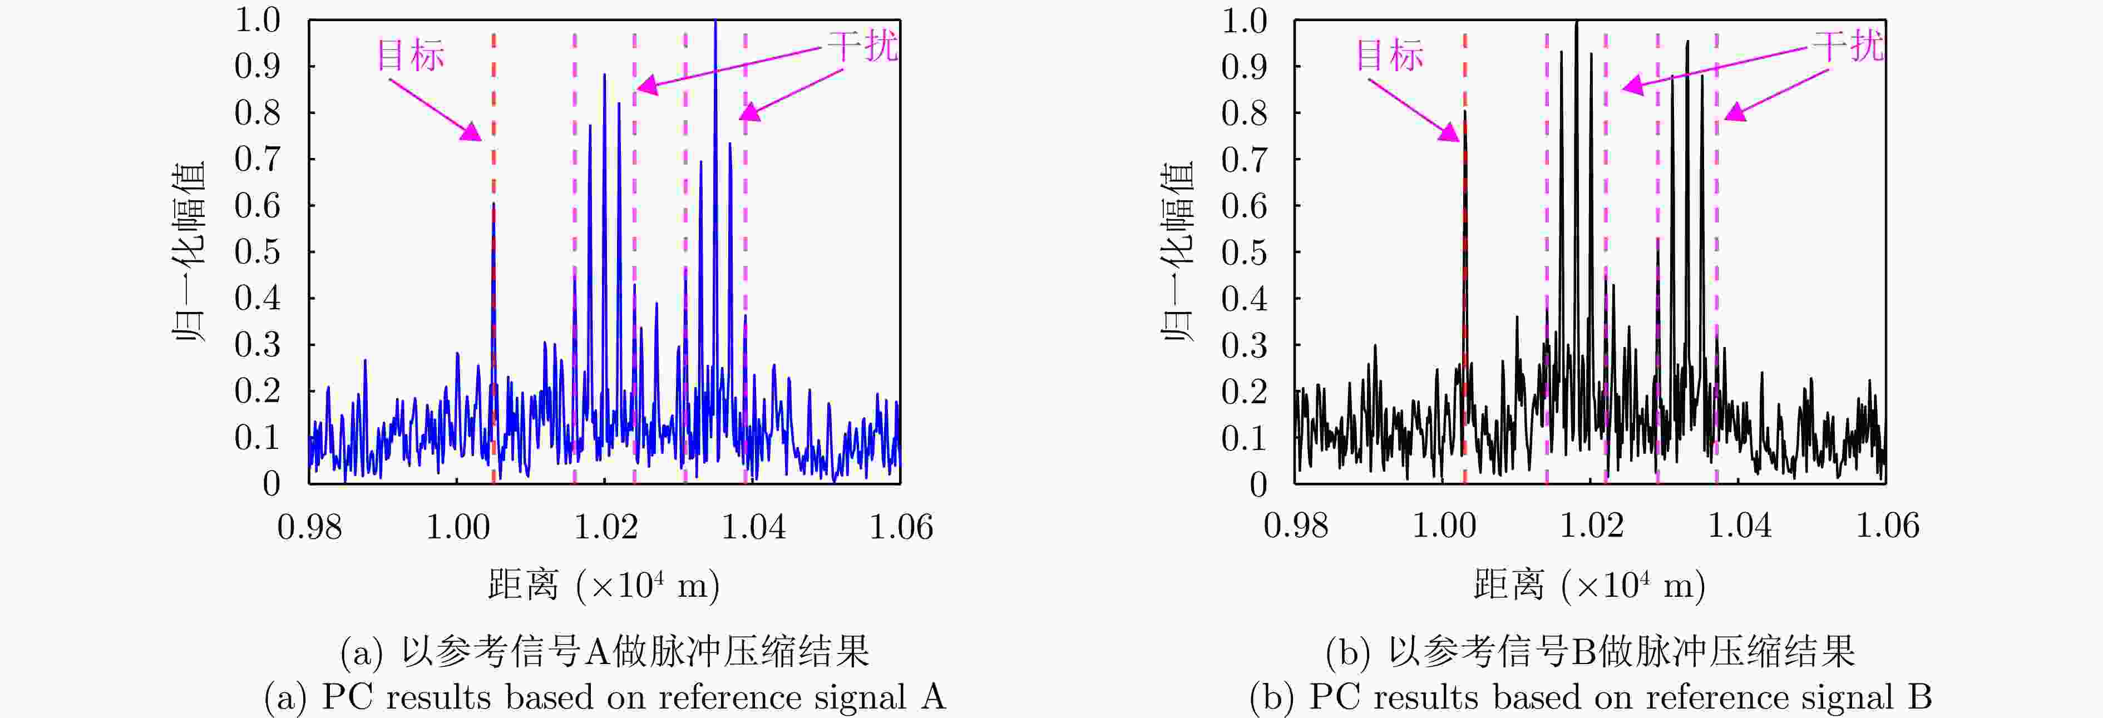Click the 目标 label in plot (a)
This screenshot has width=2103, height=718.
click(410, 56)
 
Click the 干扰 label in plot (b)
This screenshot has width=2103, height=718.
click(1848, 46)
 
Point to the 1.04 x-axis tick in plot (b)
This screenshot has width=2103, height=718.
click(1740, 526)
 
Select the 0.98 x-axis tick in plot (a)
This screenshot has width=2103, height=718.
click(309, 527)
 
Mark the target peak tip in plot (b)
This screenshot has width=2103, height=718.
click(1464, 112)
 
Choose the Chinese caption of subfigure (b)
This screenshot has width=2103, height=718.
click(1589, 651)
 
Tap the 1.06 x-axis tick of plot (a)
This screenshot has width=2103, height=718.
click(901, 527)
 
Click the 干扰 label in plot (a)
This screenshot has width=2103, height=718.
click(862, 46)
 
